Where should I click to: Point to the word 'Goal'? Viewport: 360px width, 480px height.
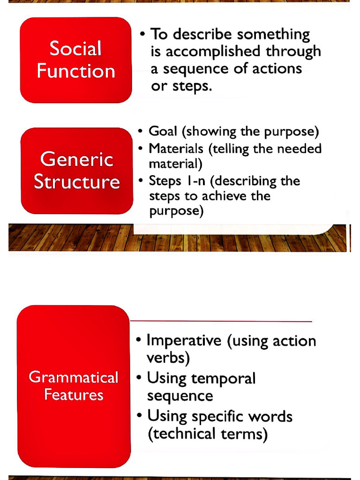click(163, 131)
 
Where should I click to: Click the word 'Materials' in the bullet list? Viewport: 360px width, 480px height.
click(176, 149)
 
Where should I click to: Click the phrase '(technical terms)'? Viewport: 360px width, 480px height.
click(208, 435)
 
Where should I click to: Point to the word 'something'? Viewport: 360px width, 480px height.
click(273, 34)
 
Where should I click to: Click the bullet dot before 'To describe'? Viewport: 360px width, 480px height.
click(142, 34)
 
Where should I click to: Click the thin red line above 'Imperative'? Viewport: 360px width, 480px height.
click(220, 322)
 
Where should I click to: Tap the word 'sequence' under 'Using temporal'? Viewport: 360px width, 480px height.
click(180, 396)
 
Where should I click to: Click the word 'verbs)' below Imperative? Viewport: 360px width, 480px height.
click(168, 359)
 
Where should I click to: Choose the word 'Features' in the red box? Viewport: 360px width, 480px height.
click(74, 395)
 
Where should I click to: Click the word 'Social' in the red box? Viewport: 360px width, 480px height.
click(75, 49)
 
